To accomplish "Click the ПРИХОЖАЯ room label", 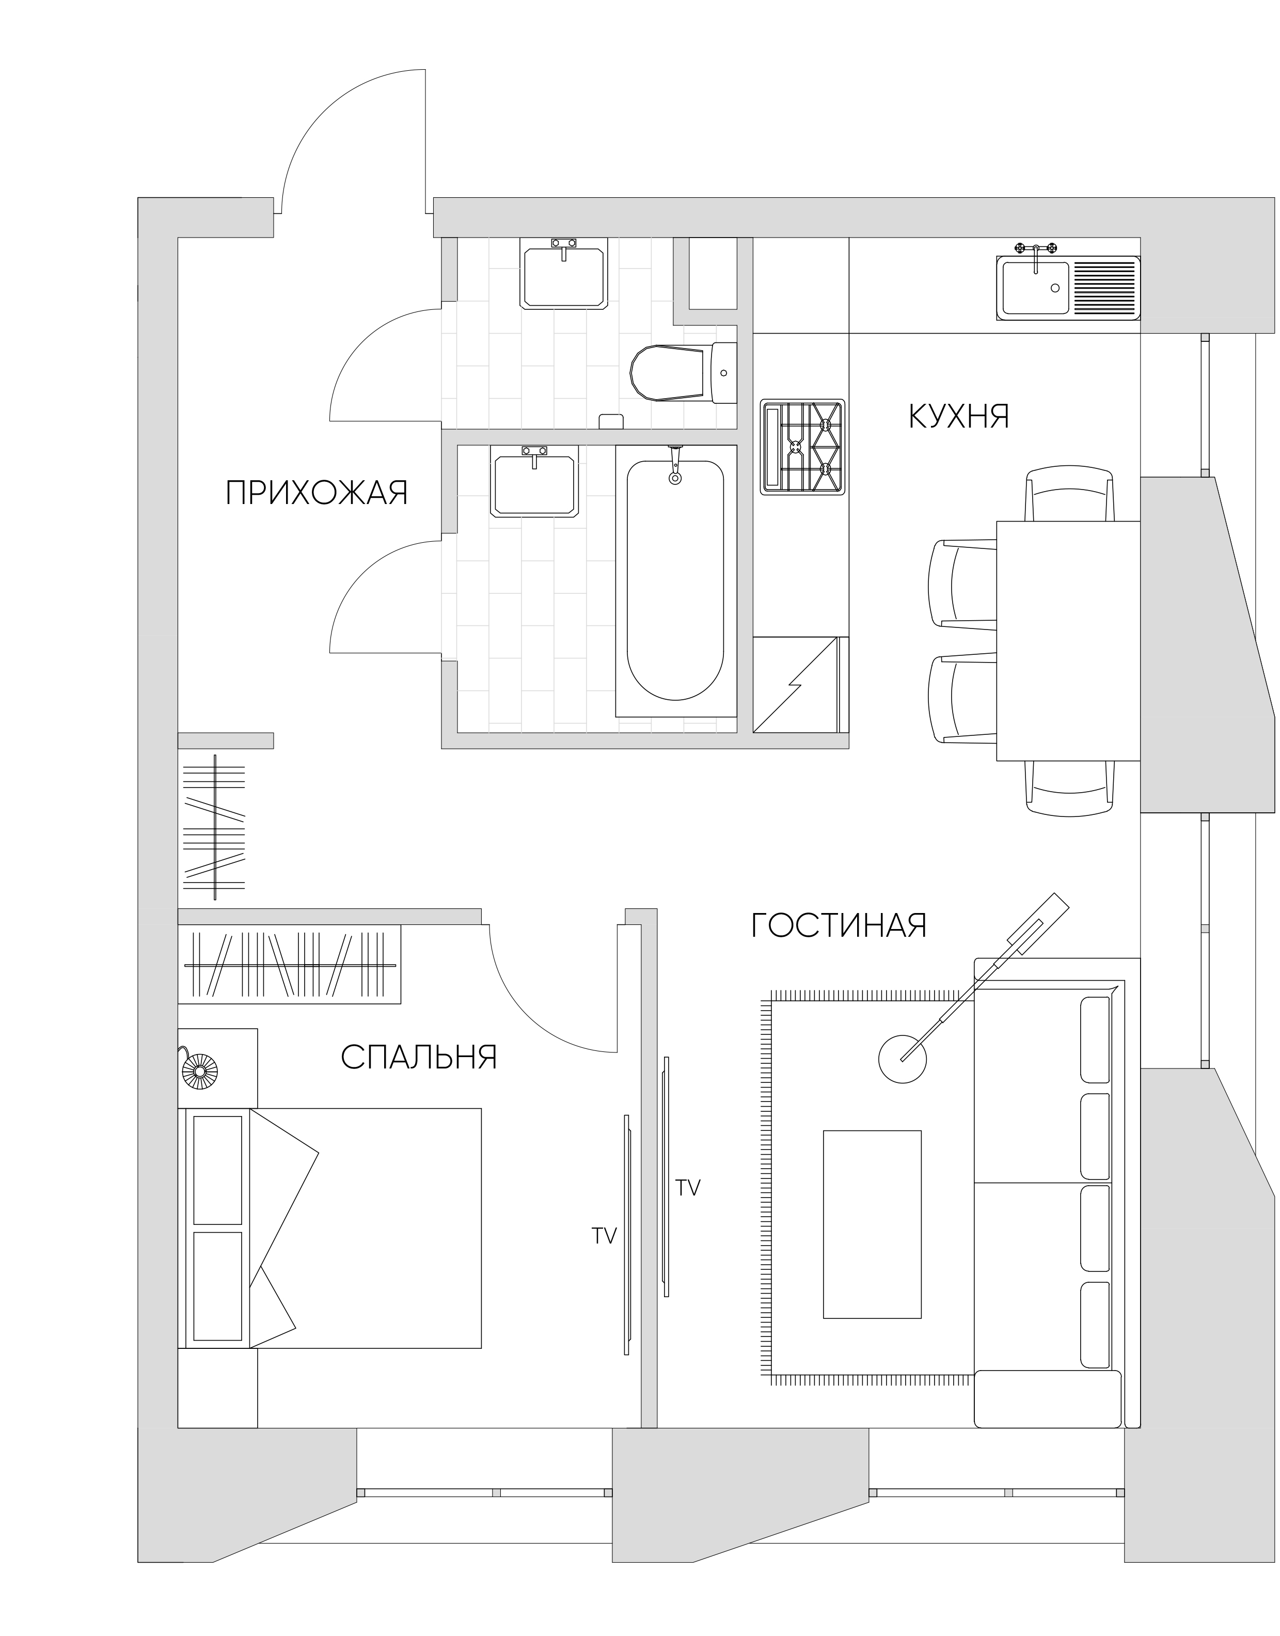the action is [317, 494].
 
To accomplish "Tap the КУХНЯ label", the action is [959, 417].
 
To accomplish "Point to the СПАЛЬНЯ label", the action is [419, 1058].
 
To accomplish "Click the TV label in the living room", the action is [688, 1187].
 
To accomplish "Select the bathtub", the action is [676, 581].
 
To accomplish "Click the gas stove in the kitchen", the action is [802, 447].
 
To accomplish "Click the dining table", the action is [1068, 641].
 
